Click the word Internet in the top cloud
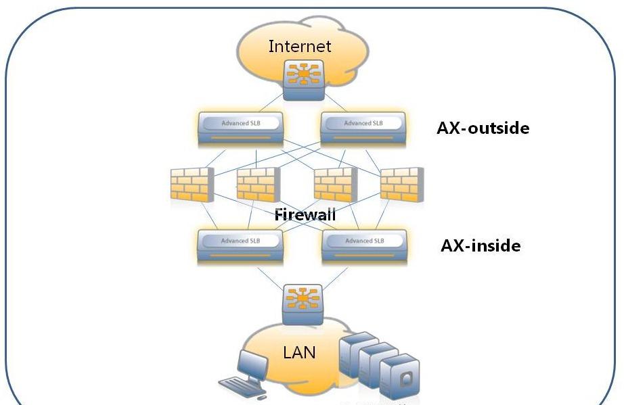click(300, 46)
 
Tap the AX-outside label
click(483, 128)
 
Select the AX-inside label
click(481, 245)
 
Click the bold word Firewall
click(305, 216)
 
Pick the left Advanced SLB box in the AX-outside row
click(240, 129)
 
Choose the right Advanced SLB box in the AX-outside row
click(363, 129)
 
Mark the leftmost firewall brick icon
click(192, 185)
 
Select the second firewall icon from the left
click(257, 185)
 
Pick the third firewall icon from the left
click(336, 185)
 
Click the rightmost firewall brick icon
click(401, 185)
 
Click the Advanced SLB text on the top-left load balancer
click(240, 123)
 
